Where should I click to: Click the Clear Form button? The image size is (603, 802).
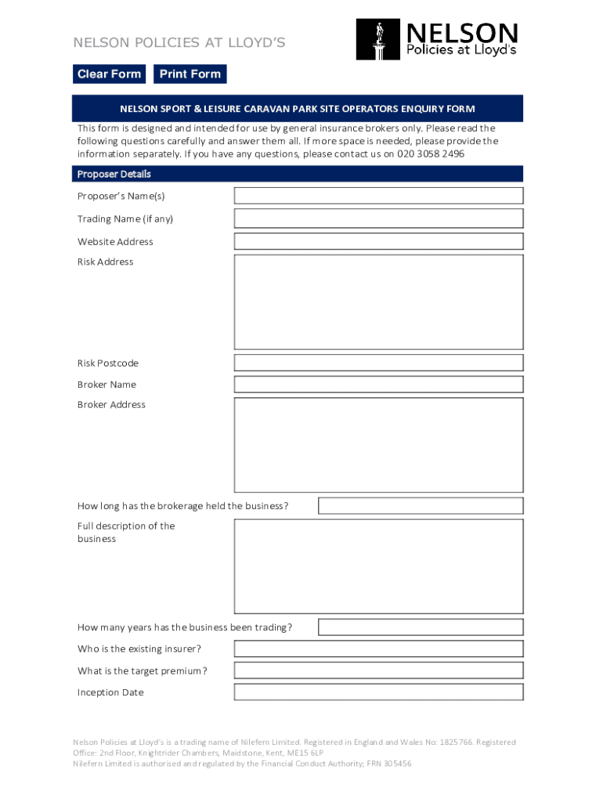click(109, 74)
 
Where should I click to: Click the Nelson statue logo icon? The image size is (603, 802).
click(379, 40)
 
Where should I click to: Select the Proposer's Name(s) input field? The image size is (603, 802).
click(378, 196)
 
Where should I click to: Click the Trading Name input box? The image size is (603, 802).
click(378, 219)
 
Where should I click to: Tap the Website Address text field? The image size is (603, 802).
click(378, 241)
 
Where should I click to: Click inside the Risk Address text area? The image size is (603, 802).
click(378, 302)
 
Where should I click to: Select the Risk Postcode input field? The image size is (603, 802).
click(378, 363)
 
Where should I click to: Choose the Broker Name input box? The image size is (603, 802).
click(378, 385)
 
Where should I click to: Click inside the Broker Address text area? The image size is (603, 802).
click(378, 445)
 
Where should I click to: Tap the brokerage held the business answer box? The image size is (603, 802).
click(421, 506)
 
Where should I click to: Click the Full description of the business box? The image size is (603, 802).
click(378, 565)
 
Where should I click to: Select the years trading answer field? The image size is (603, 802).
click(421, 627)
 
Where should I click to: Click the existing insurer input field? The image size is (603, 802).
click(378, 648)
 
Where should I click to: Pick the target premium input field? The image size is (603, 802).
click(378, 670)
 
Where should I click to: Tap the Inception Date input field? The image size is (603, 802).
click(378, 692)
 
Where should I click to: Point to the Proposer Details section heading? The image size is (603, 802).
click(114, 174)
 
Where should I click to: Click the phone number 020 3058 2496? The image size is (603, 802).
click(430, 154)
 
